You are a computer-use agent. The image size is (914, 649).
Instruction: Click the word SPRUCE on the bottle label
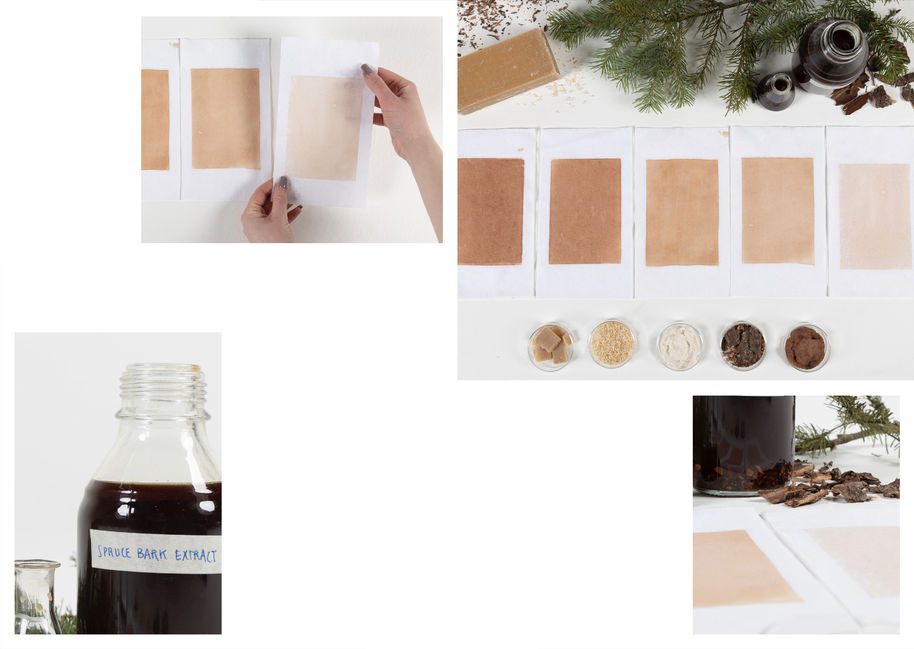click(x=114, y=551)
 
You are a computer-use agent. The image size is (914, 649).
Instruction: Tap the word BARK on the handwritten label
click(x=153, y=553)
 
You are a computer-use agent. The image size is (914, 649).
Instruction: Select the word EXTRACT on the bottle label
click(x=195, y=555)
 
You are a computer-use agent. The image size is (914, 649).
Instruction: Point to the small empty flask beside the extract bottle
click(x=36, y=597)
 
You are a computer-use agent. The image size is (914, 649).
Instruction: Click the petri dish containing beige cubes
click(x=550, y=347)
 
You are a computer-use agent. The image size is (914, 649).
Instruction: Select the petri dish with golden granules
click(x=612, y=344)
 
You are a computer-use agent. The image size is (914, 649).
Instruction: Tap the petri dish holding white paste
click(x=680, y=346)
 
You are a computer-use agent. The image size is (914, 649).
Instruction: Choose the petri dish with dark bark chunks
click(x=743, y=346)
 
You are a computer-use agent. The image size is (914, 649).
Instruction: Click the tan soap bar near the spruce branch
click(x=507, y=70)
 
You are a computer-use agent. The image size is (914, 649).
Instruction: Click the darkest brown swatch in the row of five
click(x=490, y=211)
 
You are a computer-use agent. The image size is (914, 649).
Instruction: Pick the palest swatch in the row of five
click(x=874, y=216)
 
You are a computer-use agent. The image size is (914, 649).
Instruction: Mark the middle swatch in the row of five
click(x=682, y=212)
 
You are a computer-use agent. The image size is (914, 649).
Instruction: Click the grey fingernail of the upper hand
click(x=367, y=69)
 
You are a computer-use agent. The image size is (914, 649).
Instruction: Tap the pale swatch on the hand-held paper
click(x=324, y=128)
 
